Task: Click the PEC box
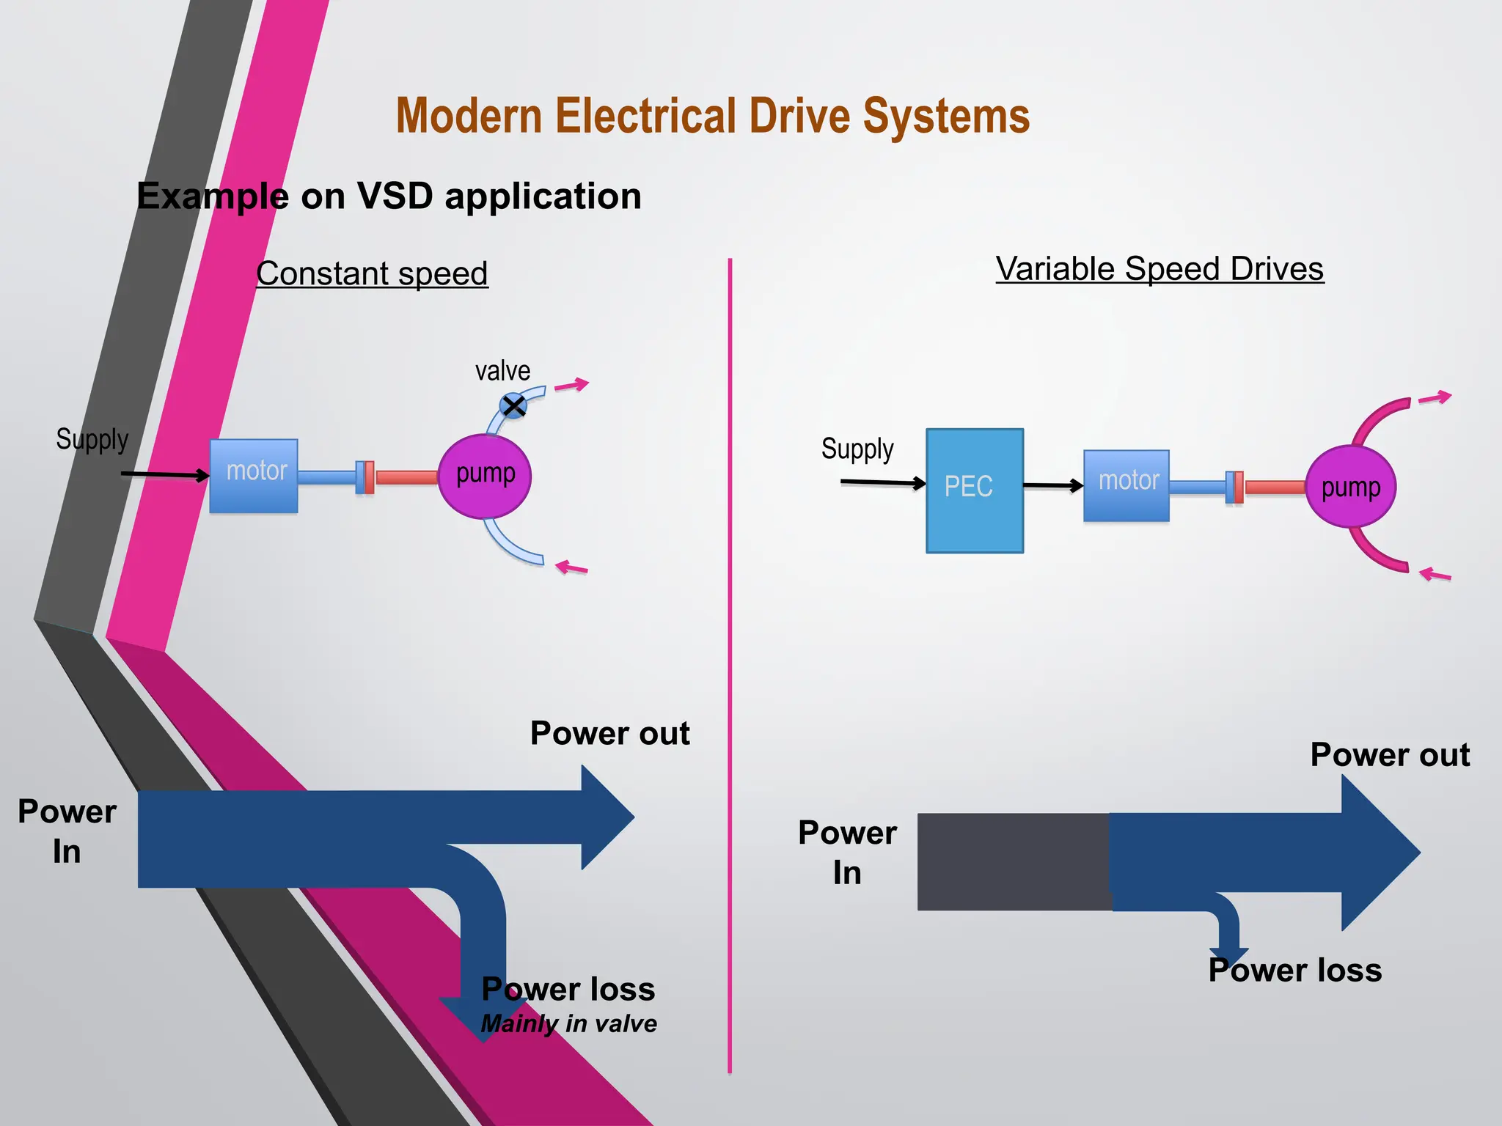974,490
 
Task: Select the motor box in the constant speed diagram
254,476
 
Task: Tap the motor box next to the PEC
1126,485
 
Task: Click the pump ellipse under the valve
485,476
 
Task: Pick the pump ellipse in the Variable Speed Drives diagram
1350,487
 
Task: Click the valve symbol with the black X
513,405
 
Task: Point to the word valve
502,371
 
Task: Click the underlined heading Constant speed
372,273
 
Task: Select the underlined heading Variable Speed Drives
1160,269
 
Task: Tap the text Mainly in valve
568,1023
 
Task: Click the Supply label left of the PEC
857,449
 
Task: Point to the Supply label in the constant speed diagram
92,439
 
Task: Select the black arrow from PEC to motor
1052,485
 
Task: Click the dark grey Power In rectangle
1012,861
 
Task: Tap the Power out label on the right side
1390,754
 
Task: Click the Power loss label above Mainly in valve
568,989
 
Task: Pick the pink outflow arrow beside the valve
572,385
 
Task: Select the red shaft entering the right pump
1275,487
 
